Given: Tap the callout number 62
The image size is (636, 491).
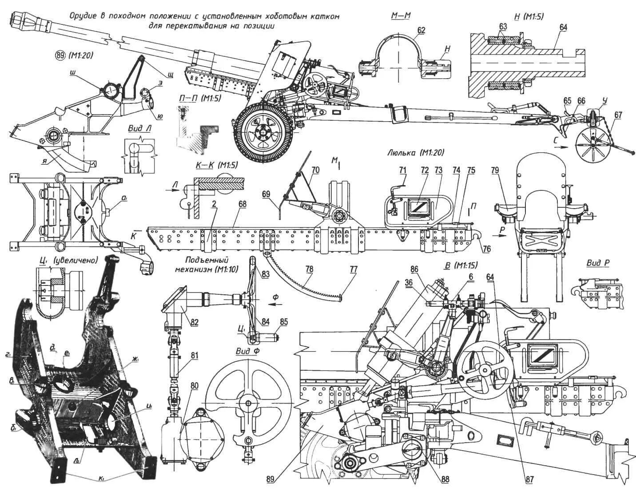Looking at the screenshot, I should [x=421, y=30].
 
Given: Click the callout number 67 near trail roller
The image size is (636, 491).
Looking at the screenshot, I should [x=618, y=115].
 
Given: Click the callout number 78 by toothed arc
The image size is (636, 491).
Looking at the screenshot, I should [x=310, y=269].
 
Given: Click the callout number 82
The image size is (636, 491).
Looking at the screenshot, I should [x=195, y=322].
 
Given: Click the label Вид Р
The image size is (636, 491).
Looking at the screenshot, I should [x=597, y=263].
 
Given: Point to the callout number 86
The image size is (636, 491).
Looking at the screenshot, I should [x=415, y=269].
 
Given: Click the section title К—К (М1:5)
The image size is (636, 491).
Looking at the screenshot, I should [x=217, y=165].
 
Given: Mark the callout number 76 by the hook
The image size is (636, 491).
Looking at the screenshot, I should [x=486, y=249].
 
